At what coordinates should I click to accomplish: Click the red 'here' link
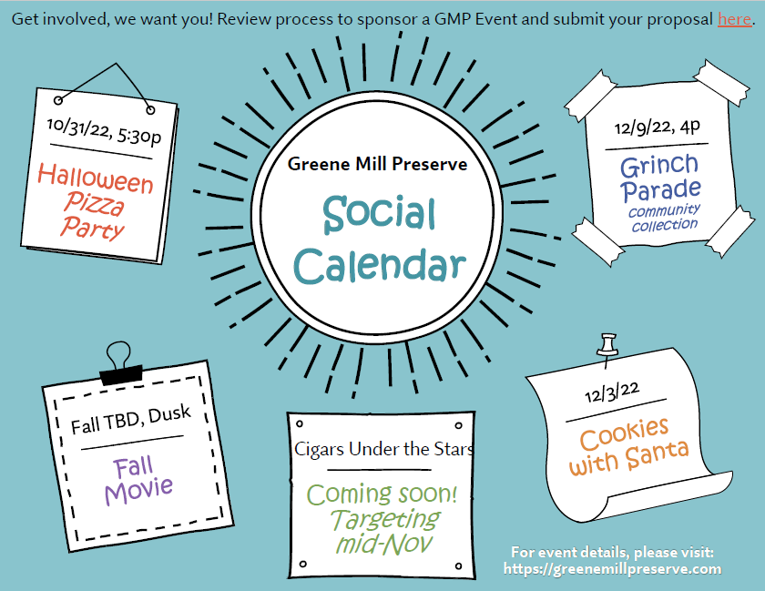[734, 19]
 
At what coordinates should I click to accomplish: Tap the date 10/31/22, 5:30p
[104, 131]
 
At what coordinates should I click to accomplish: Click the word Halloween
[96, 178]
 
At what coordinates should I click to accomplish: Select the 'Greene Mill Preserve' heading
[377, 164]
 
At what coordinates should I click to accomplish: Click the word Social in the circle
[379, 214]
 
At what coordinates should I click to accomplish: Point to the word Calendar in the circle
[380, 265]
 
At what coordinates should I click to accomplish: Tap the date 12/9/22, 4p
[658, 127]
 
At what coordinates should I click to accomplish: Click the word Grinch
[659, 166]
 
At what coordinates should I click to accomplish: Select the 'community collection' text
[665, 218]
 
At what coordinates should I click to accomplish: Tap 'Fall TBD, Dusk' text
[131, 420]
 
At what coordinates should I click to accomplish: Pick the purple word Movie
[139, 490]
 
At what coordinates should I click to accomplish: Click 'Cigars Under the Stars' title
[384, 449]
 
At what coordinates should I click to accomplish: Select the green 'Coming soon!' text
[382, 494]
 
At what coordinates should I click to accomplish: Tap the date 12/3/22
[612, 392]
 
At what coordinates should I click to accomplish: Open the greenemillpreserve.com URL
[612, 569]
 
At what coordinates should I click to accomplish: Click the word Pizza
[94, 203]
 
